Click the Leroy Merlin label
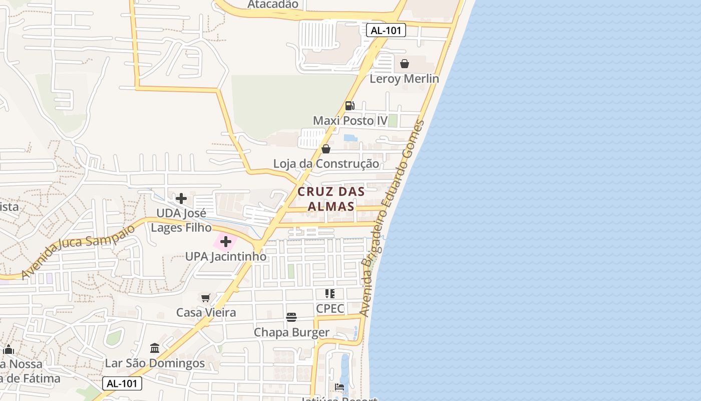[404, 79]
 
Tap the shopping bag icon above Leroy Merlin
[404, 64]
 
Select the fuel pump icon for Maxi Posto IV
[349, 105]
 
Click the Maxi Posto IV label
[350, 121]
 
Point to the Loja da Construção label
[326, 164]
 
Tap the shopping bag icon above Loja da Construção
[326, 149]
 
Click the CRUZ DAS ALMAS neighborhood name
[331, 198]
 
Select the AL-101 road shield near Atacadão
[386, 30]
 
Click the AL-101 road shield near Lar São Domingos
[122, 384]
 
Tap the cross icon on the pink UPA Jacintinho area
[226, 242]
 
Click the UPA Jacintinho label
[226, 257]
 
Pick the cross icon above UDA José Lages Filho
[181, 198]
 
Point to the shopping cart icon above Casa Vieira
[206, 298]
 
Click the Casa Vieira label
[206, 313]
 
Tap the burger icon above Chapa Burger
[291, 317]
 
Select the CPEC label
[330, 308]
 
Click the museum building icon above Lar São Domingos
[155, 348]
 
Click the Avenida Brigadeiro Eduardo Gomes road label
[392, 218]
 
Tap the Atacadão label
[273, 5]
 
